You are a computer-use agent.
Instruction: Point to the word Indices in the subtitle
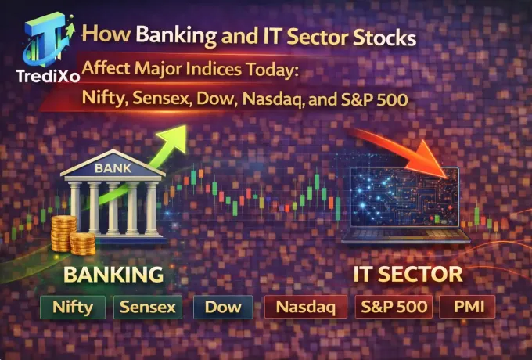point(205,68)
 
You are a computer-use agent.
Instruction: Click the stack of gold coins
point(64,236)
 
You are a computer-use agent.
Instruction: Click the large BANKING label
point(113,275)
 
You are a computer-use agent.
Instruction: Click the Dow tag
point(222,307)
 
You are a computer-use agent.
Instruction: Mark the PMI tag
point(467,307)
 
